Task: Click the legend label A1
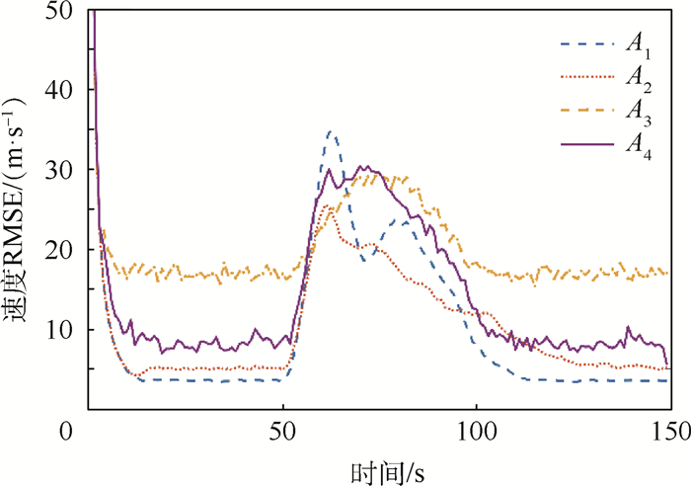(x=635, y=44)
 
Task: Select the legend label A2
(x=635, y=78)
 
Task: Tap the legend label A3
(x=635, y=112)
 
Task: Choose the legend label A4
(x=635, y=145)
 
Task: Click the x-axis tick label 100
(x=477, y=432)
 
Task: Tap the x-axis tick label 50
(x=283, y=432)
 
